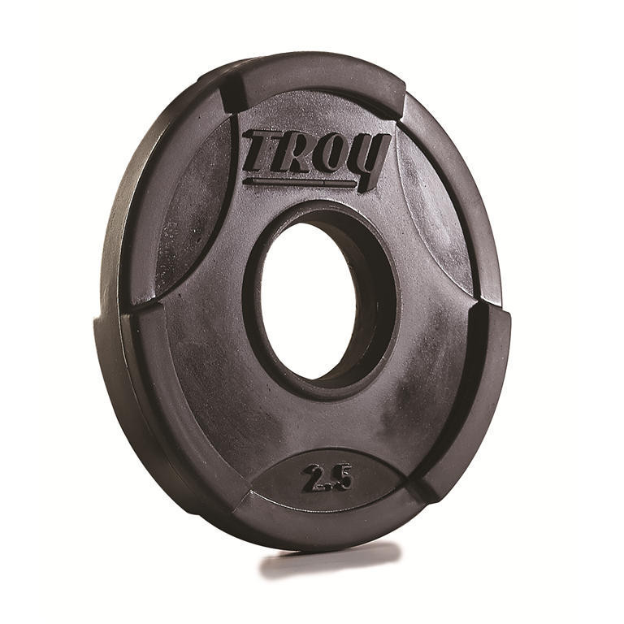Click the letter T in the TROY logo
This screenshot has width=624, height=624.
point(262,151)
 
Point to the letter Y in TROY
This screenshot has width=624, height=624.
point(370,159)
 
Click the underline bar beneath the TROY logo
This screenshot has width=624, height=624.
point(301,182)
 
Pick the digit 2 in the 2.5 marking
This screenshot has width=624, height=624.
point(314,478)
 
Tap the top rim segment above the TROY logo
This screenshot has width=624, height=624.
point(317,77)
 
